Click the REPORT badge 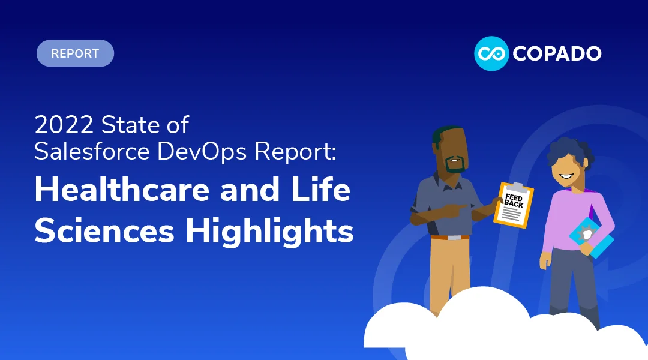75,53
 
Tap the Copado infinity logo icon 491,53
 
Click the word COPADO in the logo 557,53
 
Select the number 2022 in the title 64,125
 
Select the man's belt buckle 455,238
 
